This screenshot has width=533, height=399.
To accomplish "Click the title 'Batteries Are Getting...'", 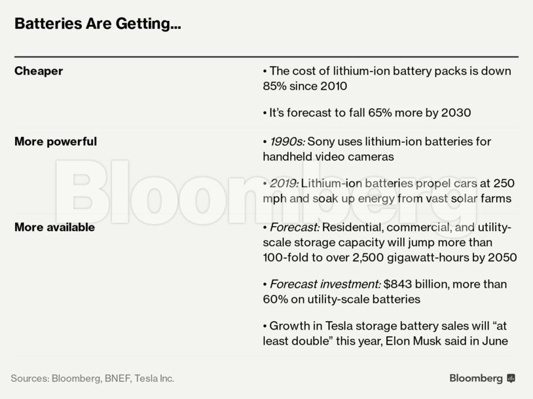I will tap(98, 24).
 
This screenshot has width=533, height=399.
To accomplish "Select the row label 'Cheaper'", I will tap(39, 71).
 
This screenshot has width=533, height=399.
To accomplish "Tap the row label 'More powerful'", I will tap(56, 142).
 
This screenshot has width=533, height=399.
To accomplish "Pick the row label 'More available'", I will tap(54, 227).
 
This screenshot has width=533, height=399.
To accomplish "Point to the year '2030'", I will tap(456, 113).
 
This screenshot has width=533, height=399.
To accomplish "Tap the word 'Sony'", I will tap(321, 142).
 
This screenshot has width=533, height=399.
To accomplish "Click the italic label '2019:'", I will tap(284, 183).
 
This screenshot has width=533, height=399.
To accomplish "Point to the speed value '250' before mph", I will tap(501, 183).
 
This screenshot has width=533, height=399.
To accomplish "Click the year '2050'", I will tap(502, 257).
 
